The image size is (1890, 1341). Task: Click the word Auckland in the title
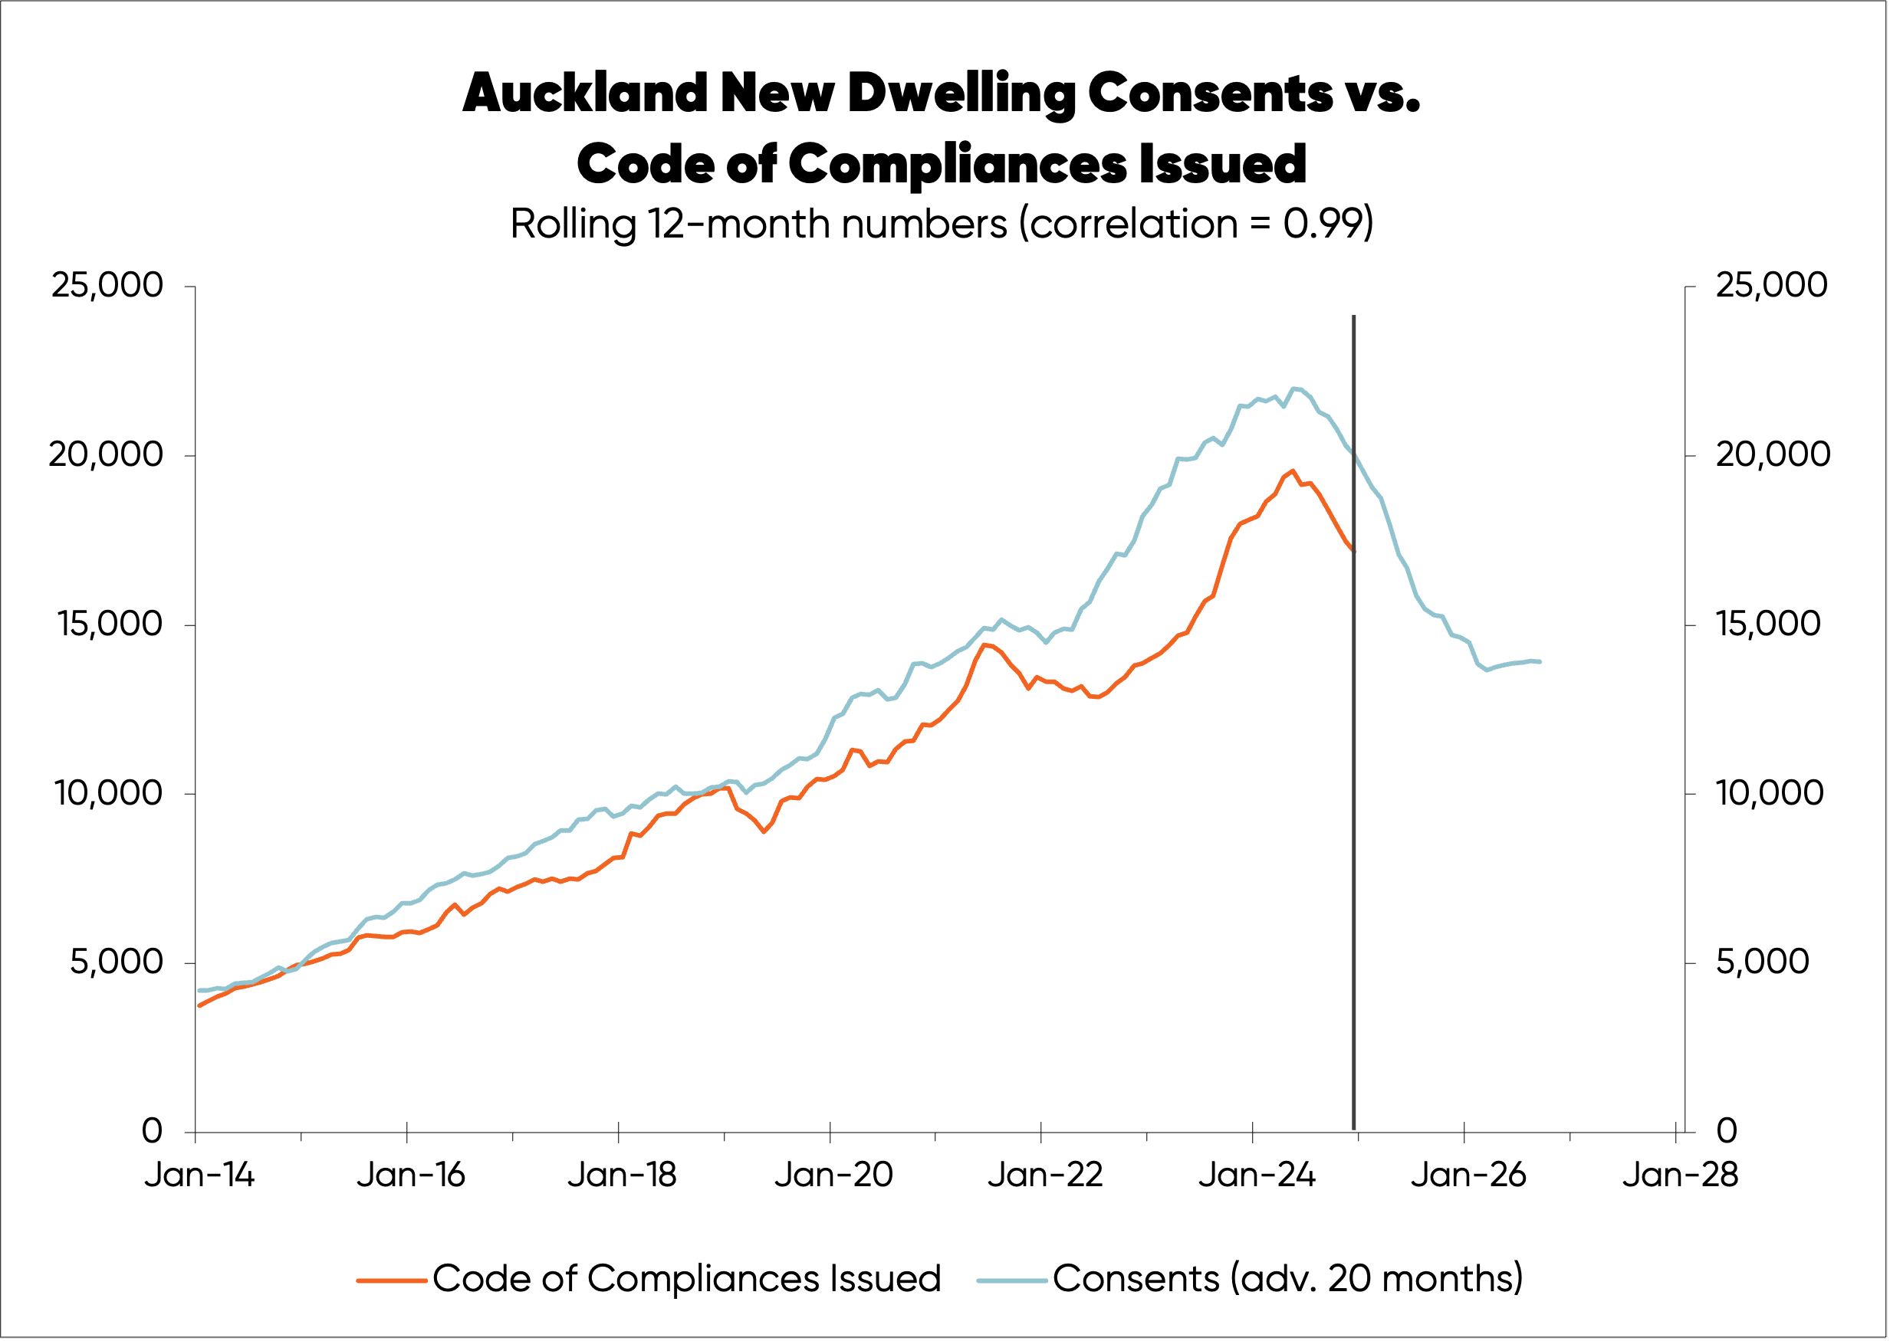coord(584,93)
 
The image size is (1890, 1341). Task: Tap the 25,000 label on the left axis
coord(107,285)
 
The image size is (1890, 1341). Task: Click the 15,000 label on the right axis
coord(1768,624)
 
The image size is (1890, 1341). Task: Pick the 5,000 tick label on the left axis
coord(117,962)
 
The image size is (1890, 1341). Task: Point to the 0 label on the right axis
coord(1726,1130)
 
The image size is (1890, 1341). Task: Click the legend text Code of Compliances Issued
coord(686,1278)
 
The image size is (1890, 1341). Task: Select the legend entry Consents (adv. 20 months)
coord(1287,1278)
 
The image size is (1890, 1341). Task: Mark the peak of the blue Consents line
coord(1293,388)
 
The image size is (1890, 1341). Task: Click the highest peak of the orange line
coord(1292,470)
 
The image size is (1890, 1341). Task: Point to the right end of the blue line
coord(1540,661)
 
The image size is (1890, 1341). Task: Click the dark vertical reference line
coord(1353,743)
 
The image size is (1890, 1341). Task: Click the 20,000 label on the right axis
coord(1773,454)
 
